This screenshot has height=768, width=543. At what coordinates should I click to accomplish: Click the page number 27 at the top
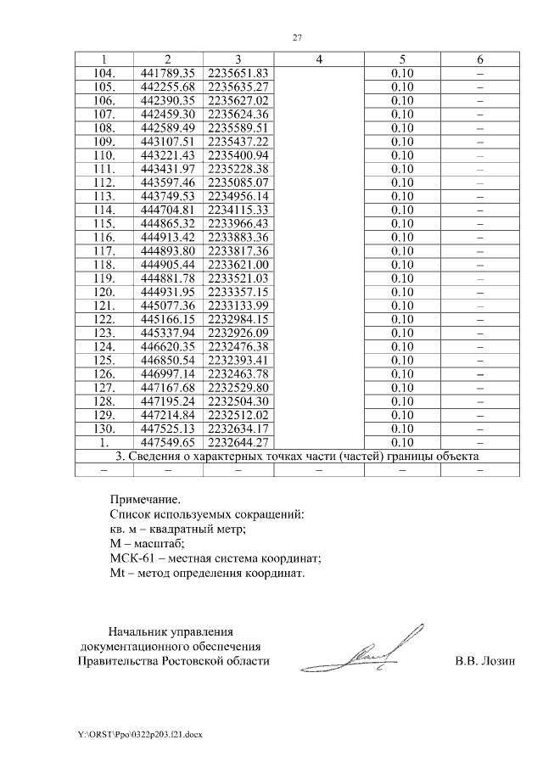297,37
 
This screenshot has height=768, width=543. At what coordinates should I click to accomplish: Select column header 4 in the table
318,59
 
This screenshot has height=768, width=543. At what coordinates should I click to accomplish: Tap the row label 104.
103,73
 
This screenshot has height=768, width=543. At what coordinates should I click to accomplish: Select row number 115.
103,222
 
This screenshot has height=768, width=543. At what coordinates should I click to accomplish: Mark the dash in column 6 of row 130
480,429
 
